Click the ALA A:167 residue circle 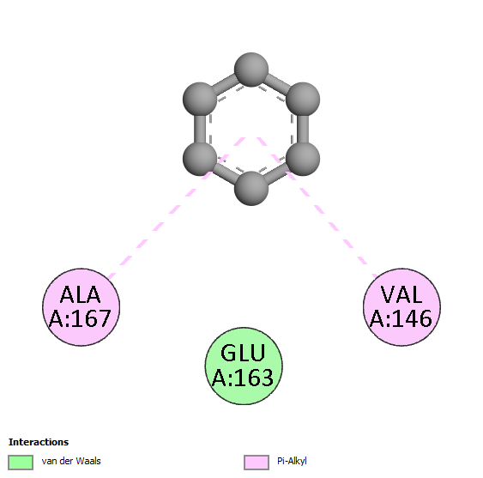[81, 307]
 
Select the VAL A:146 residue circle [401, 307]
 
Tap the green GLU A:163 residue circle [244, 366]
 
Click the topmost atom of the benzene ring [251, 70]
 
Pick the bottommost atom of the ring [251, 188]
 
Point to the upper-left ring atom [200, 100]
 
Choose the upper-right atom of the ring [303, 100]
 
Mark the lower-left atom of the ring [200, 159]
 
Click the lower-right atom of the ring [303, 159]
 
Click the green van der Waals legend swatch [21, 463]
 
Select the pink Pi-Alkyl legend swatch [257, 463]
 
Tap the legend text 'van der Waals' [71, 461]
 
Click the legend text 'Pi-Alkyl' [292, 461]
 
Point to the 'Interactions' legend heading [39, 442]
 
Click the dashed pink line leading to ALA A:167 [177, 208]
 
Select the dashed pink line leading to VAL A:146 [317, 208]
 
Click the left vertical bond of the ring [200, 129]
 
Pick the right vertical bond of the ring [303, 129]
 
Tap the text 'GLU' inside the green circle [243, 353]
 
